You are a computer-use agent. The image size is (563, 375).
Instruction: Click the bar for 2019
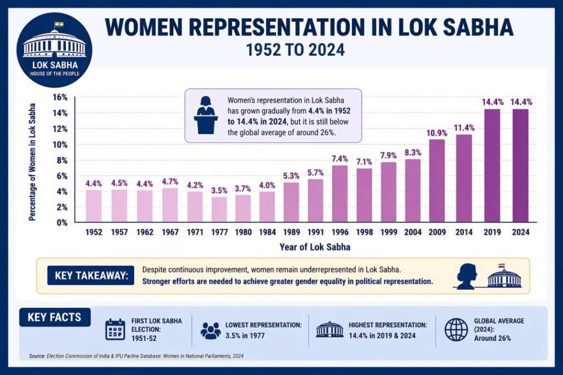(x=492, y=166)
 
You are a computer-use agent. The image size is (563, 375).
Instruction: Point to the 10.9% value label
(x=437, y=133)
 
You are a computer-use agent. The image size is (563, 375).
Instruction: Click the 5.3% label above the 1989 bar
(x=290, y=176)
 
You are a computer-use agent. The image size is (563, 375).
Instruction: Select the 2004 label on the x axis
(x=413, y=233)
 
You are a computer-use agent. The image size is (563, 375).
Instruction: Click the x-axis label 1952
(x=94, y=233)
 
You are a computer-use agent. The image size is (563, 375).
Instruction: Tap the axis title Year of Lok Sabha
(x=314, y=247)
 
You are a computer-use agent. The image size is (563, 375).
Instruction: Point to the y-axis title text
(x=32, y=161)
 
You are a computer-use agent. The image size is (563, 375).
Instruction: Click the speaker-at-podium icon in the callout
(x=206, y=115)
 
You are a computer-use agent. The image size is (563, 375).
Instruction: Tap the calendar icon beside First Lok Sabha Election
(x=115, y=329)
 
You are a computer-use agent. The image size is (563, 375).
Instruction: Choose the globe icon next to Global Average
(x=455, y=329)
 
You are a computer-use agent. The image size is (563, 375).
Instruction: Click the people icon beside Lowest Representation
(x=211, y=330)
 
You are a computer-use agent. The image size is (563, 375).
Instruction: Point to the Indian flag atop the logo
(x=59, y=25)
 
